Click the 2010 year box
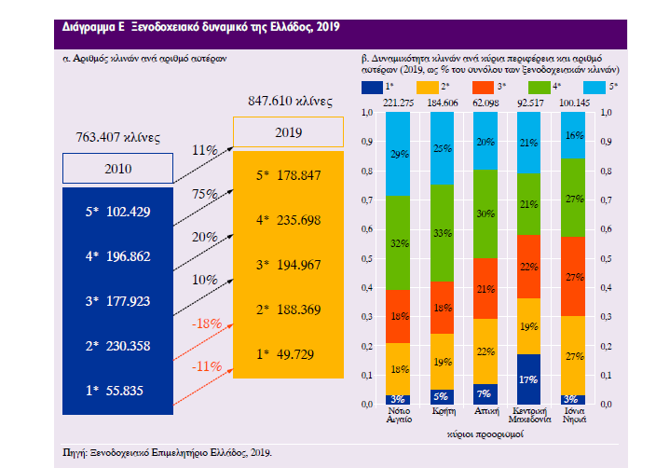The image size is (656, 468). (117, 170)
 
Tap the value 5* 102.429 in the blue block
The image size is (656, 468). (116, 212)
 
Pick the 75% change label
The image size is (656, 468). (205, 194)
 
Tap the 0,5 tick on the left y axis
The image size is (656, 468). (366, 258)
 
